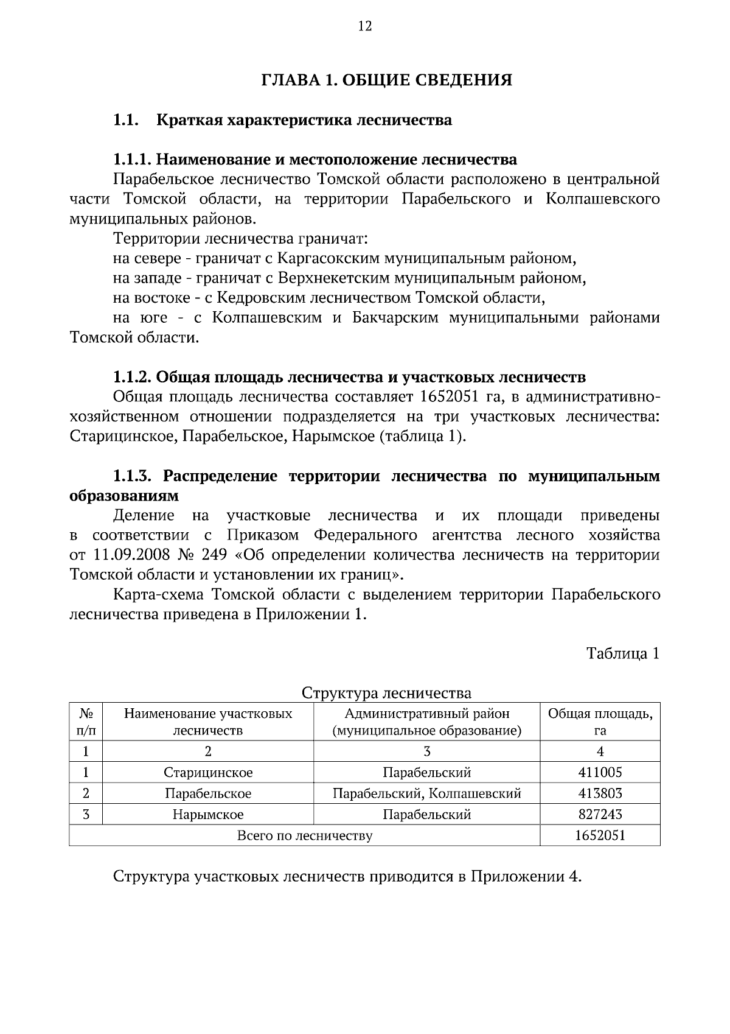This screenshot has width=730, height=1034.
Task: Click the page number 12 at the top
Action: click(x=365, y=26)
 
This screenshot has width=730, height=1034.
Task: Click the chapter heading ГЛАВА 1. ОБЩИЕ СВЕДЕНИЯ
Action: click(x=386, y=80)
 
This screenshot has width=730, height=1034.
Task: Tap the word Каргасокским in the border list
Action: click(x=328, y=258)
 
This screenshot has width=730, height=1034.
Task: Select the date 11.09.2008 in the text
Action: click(x=126, y=555)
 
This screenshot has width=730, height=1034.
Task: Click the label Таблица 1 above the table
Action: click(x=623, y=653)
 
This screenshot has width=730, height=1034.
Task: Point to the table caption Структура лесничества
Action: click(x=386, y=693)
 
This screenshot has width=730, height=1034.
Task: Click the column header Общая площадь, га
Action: click(x=600, y=722)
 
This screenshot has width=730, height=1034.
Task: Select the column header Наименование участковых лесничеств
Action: click(x=208, y=722)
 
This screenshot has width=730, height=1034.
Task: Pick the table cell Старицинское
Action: click(x=208, y=773)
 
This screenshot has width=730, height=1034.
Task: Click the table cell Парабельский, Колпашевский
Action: click(x=426, y=793)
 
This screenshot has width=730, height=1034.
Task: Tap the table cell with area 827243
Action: click(x=600, y=814)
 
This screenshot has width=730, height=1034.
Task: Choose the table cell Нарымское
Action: click(x=208, y=814)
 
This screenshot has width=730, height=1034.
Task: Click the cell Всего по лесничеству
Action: click(x=304, y=835)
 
